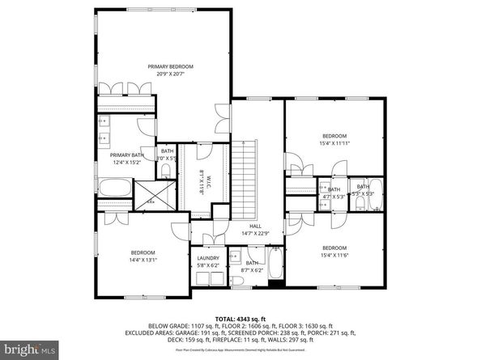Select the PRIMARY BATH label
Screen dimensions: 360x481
126,155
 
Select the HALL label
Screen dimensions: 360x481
255,226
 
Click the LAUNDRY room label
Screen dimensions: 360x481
208,258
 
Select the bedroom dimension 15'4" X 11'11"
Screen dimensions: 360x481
334,143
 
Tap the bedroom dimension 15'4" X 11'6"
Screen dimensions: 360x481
334,256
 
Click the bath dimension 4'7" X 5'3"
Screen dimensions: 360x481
334,195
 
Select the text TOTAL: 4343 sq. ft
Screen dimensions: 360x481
240,319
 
